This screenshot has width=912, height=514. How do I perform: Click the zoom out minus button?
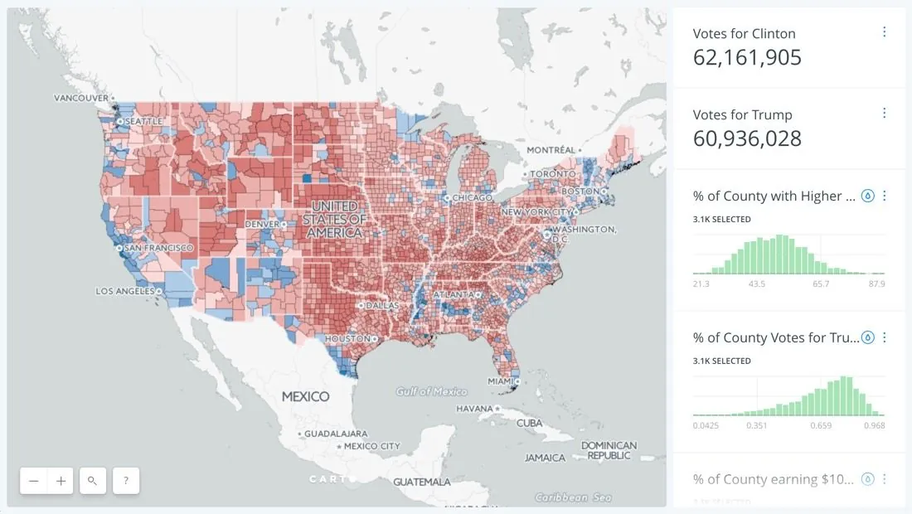[34, 481]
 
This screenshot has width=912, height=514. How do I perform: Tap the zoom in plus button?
[61, 481]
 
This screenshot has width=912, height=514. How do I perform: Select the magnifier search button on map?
[93, 481]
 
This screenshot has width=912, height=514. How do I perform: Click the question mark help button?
[125, 481]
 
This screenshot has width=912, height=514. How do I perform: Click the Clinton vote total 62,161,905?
[747, 57]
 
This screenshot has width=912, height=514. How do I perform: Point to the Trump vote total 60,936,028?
[747, 138]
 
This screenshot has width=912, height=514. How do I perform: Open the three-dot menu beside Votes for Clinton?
[884, 32]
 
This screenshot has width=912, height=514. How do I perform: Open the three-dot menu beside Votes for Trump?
[884, 114]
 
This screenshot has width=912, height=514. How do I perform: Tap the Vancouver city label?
[81, 98]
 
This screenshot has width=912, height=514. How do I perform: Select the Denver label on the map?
[262, 224]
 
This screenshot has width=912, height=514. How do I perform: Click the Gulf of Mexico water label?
[431, 391]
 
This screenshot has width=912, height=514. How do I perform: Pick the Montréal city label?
[550, 150]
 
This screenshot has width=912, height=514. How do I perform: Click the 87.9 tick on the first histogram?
[876, 284]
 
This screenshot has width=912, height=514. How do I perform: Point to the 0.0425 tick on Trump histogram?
[706, 425]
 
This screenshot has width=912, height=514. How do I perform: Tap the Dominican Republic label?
[609, 450]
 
